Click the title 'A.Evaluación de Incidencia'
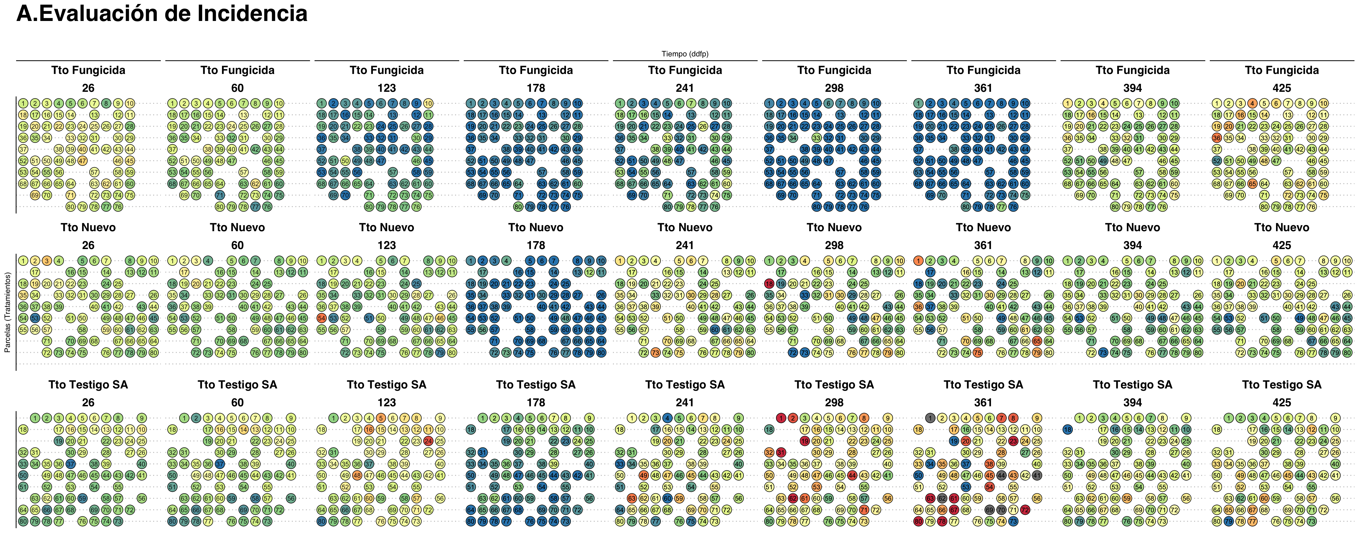pyautogui.click(x=162, y=14)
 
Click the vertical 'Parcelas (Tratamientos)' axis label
pyautogui.click(x=7, y=313)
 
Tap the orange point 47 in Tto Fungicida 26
pyautogui.click(x=82, y=161)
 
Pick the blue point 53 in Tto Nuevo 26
pyautogui.click(x=35, y=318)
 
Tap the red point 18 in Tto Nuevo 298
pyautogui.click(x=769, y=284)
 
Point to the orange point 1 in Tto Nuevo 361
pyautogui.click(x=918, y=261)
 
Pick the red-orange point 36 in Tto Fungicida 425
pyautogui.click(x=1217, y=138)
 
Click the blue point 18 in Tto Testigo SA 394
pyautogui.click(x=1067, y=429)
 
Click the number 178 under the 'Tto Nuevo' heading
pyautogui.click(x=535, y=245)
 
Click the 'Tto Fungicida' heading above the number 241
pyautogui.click(x=685, y=70)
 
